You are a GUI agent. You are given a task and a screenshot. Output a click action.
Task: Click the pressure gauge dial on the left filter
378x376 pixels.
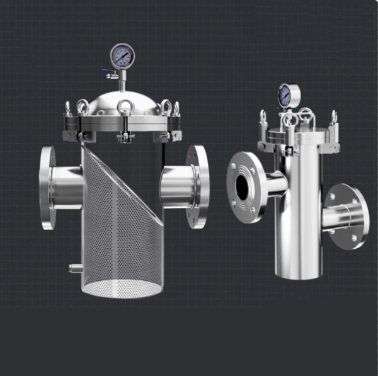(x=122, y=56)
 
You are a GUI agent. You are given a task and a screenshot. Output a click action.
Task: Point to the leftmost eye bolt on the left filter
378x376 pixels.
(x=68, y=108)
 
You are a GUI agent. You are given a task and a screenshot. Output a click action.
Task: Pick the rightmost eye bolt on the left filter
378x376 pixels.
(x=176, y=108)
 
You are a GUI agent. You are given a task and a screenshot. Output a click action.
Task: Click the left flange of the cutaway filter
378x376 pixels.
(x=47, y=187)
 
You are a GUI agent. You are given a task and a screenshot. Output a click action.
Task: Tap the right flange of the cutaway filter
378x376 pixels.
(x=198, y=186)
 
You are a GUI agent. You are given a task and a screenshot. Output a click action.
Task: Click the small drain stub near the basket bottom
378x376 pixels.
(x=76, y=268)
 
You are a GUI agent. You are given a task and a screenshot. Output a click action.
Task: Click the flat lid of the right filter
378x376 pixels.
(x=297, y=134)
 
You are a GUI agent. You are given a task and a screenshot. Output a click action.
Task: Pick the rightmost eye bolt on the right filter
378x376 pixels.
(x=334, y=117)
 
